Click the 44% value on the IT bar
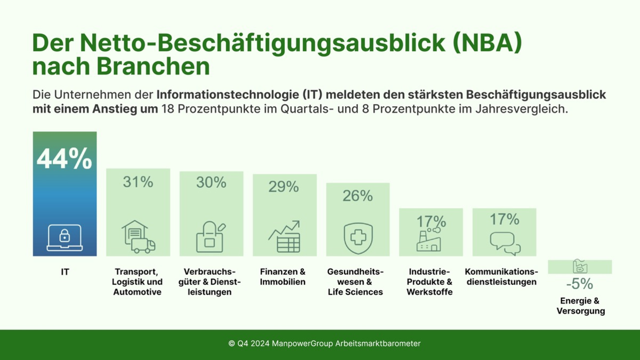pos(64,158)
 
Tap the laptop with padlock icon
pos(64,237)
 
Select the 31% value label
pos(138,182)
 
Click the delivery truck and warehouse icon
pos(138,237)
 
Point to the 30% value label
pos(211,183)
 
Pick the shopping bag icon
pos(211,237)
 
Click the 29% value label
pos(284,187)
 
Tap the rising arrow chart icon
pos(284,237)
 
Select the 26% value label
pos(357,196)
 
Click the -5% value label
pos(579,284)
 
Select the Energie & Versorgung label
pos(580,306)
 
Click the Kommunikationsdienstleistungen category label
pos(501,277)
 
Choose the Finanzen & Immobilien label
pos(283,277)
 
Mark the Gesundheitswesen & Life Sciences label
pos(355,282)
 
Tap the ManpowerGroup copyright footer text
pos(324,344)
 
